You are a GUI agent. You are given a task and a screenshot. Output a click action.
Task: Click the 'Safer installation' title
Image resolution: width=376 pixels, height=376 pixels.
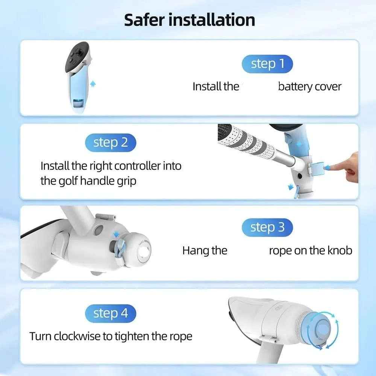(x=190, y=20)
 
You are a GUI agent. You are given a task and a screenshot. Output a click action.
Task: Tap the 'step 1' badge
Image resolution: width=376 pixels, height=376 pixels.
(x=267, y=64)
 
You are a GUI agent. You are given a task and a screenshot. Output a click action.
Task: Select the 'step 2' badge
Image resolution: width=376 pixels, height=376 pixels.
(x=111, y=143)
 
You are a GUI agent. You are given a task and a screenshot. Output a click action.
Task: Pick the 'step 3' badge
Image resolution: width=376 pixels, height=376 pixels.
(x=267, y=227)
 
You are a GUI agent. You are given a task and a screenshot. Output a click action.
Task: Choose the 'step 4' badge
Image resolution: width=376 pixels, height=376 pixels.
(x=111, y=314)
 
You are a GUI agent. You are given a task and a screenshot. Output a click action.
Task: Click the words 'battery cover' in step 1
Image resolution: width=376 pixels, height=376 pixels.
(x=309, y=86)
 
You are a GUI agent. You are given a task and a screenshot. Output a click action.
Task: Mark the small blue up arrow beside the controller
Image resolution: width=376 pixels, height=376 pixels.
(x=93, y=84)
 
